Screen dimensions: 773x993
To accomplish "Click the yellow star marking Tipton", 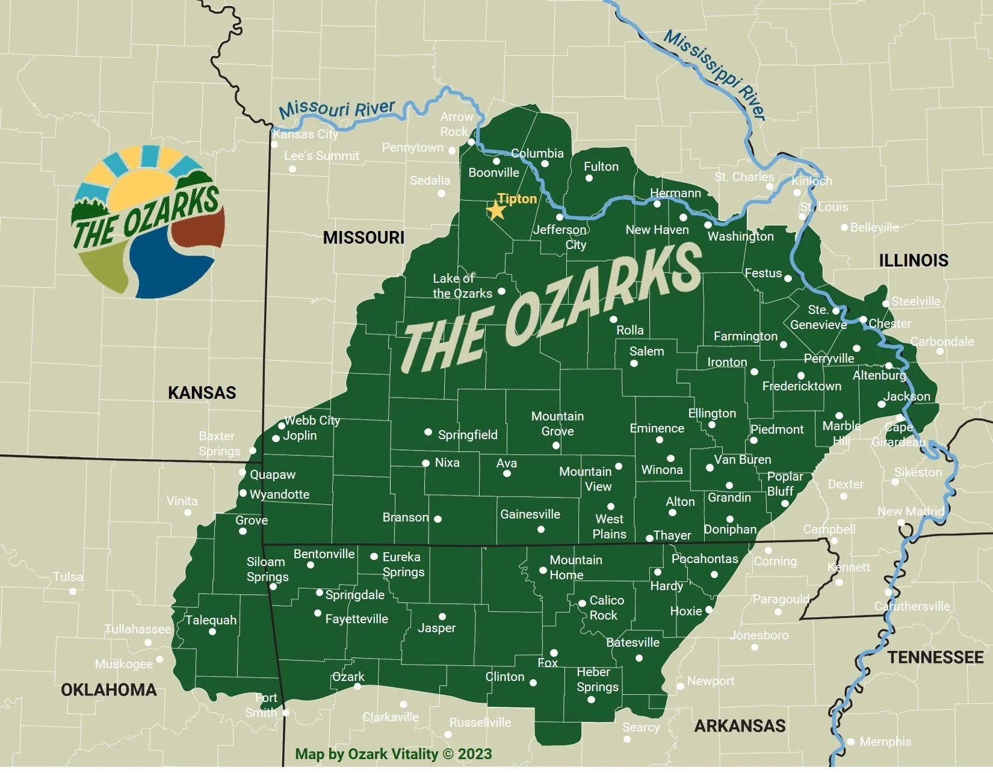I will point(496,211).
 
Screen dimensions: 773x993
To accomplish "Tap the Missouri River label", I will point(337,109).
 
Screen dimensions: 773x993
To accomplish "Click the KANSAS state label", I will point(202,393).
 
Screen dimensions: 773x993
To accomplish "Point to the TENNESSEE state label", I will point(935,658).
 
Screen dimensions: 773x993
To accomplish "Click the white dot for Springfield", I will point(428,432).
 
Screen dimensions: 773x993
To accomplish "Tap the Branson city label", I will point(406,517).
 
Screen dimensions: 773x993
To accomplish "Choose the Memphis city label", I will point(885,742).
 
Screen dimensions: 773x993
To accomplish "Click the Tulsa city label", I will point(68,577).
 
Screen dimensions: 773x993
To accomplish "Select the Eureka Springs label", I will point(403,564).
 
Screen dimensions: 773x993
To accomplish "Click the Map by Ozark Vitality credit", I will point(393,754).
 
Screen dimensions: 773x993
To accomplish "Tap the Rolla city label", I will point(630,330).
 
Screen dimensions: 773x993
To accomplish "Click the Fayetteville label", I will point(356,619).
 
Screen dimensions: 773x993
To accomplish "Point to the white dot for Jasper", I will point(442,617).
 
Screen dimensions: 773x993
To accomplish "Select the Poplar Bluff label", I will point(784,484).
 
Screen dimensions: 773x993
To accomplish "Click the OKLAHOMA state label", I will point(108,689).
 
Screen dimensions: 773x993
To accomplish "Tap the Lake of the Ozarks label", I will point(462,286).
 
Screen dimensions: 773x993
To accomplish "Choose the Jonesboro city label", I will point(758,635).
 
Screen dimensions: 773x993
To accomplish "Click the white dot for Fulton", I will point(589,178).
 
